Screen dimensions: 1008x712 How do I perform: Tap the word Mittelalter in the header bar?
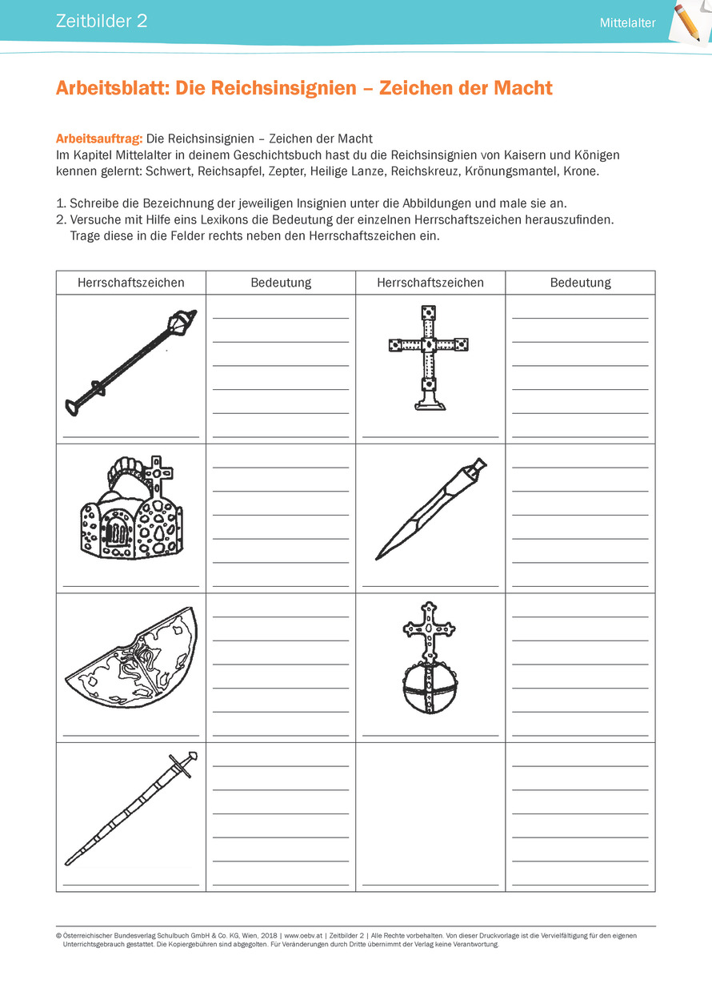click(627, 23)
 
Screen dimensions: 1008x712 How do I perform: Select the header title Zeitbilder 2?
click(102, 22)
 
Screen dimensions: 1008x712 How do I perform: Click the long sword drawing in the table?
click(130, 809)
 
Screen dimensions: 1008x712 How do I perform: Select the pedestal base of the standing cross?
click(430, 402)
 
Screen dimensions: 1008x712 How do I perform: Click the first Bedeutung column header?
click(281, 283)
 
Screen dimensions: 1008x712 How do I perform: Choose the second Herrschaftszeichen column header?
click(430, 283)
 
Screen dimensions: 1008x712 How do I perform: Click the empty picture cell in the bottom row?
click(430, 809)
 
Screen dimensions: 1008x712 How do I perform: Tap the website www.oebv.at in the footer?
click(302, 934)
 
